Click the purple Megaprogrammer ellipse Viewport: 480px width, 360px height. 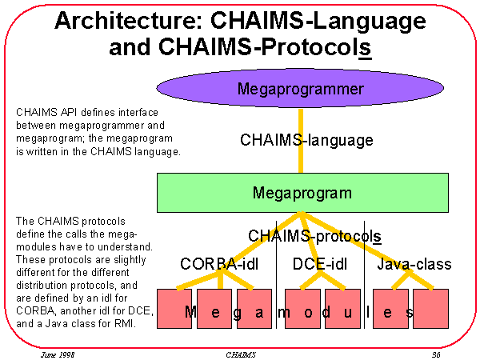pyautogui.click(x=301, y=88)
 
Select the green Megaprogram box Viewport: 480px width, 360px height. pyautogui.click(x=301, y=193)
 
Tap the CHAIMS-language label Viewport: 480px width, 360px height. pyautogui.click(x=306, y=140)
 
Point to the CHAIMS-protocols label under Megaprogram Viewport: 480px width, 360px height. pyautogui.click(x=314, y=236)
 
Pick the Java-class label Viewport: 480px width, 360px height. pyautogui.click(x=414, y=264)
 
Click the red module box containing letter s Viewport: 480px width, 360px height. pyautogui.click(x=392, y=308)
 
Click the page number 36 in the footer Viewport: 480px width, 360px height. pyautogui.click(x=436, y=352)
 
